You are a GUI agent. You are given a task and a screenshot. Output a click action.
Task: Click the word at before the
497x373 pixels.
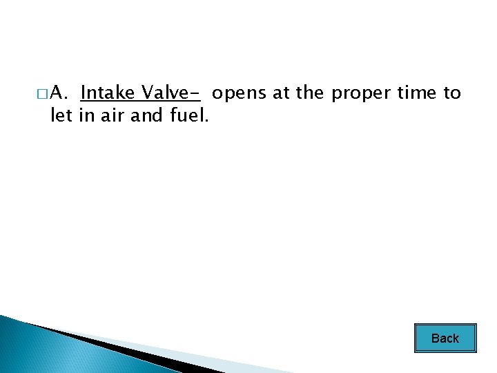coord(281,93)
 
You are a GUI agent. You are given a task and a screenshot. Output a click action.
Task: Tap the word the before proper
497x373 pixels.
coord(309,93)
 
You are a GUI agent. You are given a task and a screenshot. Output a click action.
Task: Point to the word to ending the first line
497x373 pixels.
coord(452,93)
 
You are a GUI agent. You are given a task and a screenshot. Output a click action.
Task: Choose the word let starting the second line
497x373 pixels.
coord(61,115)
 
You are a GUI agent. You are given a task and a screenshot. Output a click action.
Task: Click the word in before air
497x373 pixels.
coord(86,115)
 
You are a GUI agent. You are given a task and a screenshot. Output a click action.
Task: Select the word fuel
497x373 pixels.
coord(189,115)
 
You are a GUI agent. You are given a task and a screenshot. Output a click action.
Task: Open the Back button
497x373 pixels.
coord(445,338)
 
